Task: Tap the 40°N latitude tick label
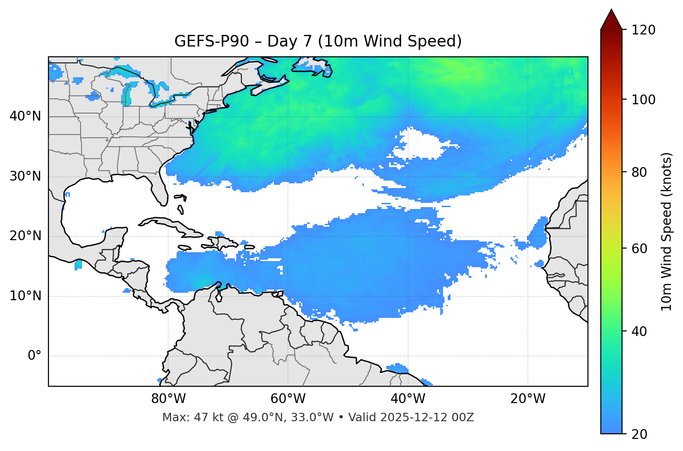click(x=25, y=116)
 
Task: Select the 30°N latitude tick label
click(x=25, y=176)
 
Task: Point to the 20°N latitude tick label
click(x=25, y=236)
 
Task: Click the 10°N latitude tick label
click(x=25, y=296)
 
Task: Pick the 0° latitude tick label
click(x=34, y=356)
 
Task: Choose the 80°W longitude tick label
click(x=168, y=399)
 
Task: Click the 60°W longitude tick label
click(x=288, y=399)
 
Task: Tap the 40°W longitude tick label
click(x=408, y=399)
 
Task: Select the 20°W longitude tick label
click(x=527, y=399)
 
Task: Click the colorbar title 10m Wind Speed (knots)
click(x=667, y=231)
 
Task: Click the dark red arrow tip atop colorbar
click(x=611, y=19)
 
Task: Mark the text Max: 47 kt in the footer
click(x=184, y=417)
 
